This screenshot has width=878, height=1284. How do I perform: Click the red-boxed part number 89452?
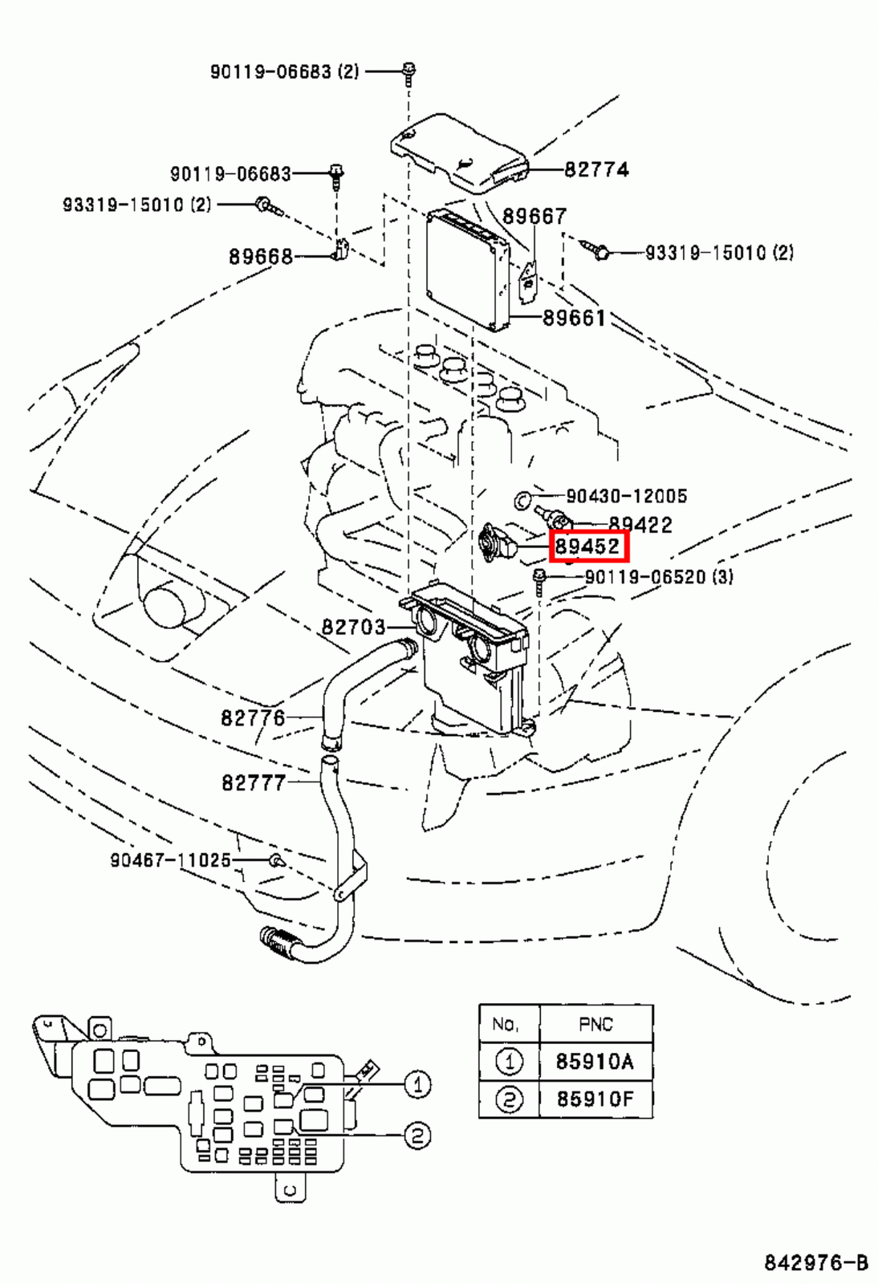tap(588, 547)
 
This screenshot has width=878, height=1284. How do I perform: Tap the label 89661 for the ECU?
tap(574, 318)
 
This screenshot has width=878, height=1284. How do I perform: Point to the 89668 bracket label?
tap(261, 256)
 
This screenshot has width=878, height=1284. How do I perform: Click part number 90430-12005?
tap(626, 496)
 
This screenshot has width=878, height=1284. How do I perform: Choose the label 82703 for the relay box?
tap(353, 627)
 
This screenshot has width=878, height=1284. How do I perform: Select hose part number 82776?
tap(253, 717)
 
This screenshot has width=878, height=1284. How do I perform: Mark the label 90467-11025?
tap(170, 860)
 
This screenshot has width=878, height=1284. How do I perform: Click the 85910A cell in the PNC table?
tap(595, 1062)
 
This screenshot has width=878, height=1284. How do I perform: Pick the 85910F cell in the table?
tap(595, 1099)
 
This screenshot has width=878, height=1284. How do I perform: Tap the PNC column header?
tap(595, 1024)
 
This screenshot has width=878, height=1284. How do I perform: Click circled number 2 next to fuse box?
tap(417, 1136)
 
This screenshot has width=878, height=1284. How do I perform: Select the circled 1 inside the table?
tap(509, 1062)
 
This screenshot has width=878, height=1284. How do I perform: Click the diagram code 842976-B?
tap(815, 1262)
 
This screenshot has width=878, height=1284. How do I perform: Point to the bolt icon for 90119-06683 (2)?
tap(409, 72)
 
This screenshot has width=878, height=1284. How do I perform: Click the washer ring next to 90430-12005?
tap(522, 500)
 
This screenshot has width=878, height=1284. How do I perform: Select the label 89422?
tap(640, 525)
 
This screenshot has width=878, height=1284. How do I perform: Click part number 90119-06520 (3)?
tap(658, 576)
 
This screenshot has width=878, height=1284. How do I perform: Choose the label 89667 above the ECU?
tap(535, 216)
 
